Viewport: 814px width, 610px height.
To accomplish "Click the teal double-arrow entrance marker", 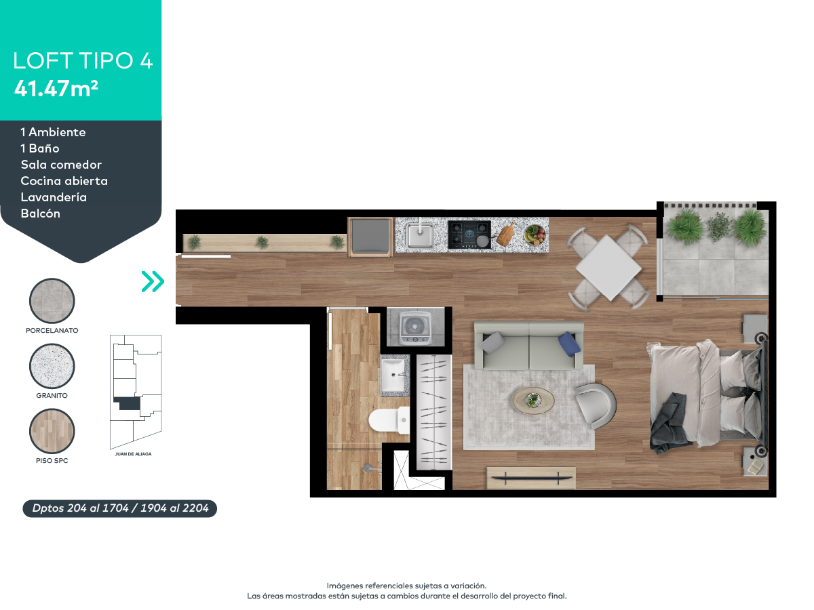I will [x=153, y=281].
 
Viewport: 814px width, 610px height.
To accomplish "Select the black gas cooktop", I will [x=469, y=235].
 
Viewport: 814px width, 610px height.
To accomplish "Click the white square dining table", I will [x=608, y=268].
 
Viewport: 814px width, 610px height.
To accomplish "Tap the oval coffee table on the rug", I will [x=533, y=400].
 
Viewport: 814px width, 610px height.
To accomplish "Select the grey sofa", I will [x=528, y=346].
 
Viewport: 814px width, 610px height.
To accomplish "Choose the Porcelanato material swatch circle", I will [x=52, y=302].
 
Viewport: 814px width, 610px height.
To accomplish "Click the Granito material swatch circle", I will [x=52, y=367].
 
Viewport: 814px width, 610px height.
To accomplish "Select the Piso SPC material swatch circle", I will [x=52, y=432].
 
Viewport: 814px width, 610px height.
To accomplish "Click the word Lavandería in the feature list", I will [x=54, y=197].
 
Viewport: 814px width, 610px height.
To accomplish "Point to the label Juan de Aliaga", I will [x=133, y=454].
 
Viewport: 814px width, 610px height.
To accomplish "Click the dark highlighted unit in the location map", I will [x=128, y=403].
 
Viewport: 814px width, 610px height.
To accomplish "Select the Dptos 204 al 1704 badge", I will [x=120, y=508].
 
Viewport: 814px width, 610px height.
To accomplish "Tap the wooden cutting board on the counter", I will [x=507, y=235].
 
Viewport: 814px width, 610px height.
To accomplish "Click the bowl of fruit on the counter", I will [x=535, y=235].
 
